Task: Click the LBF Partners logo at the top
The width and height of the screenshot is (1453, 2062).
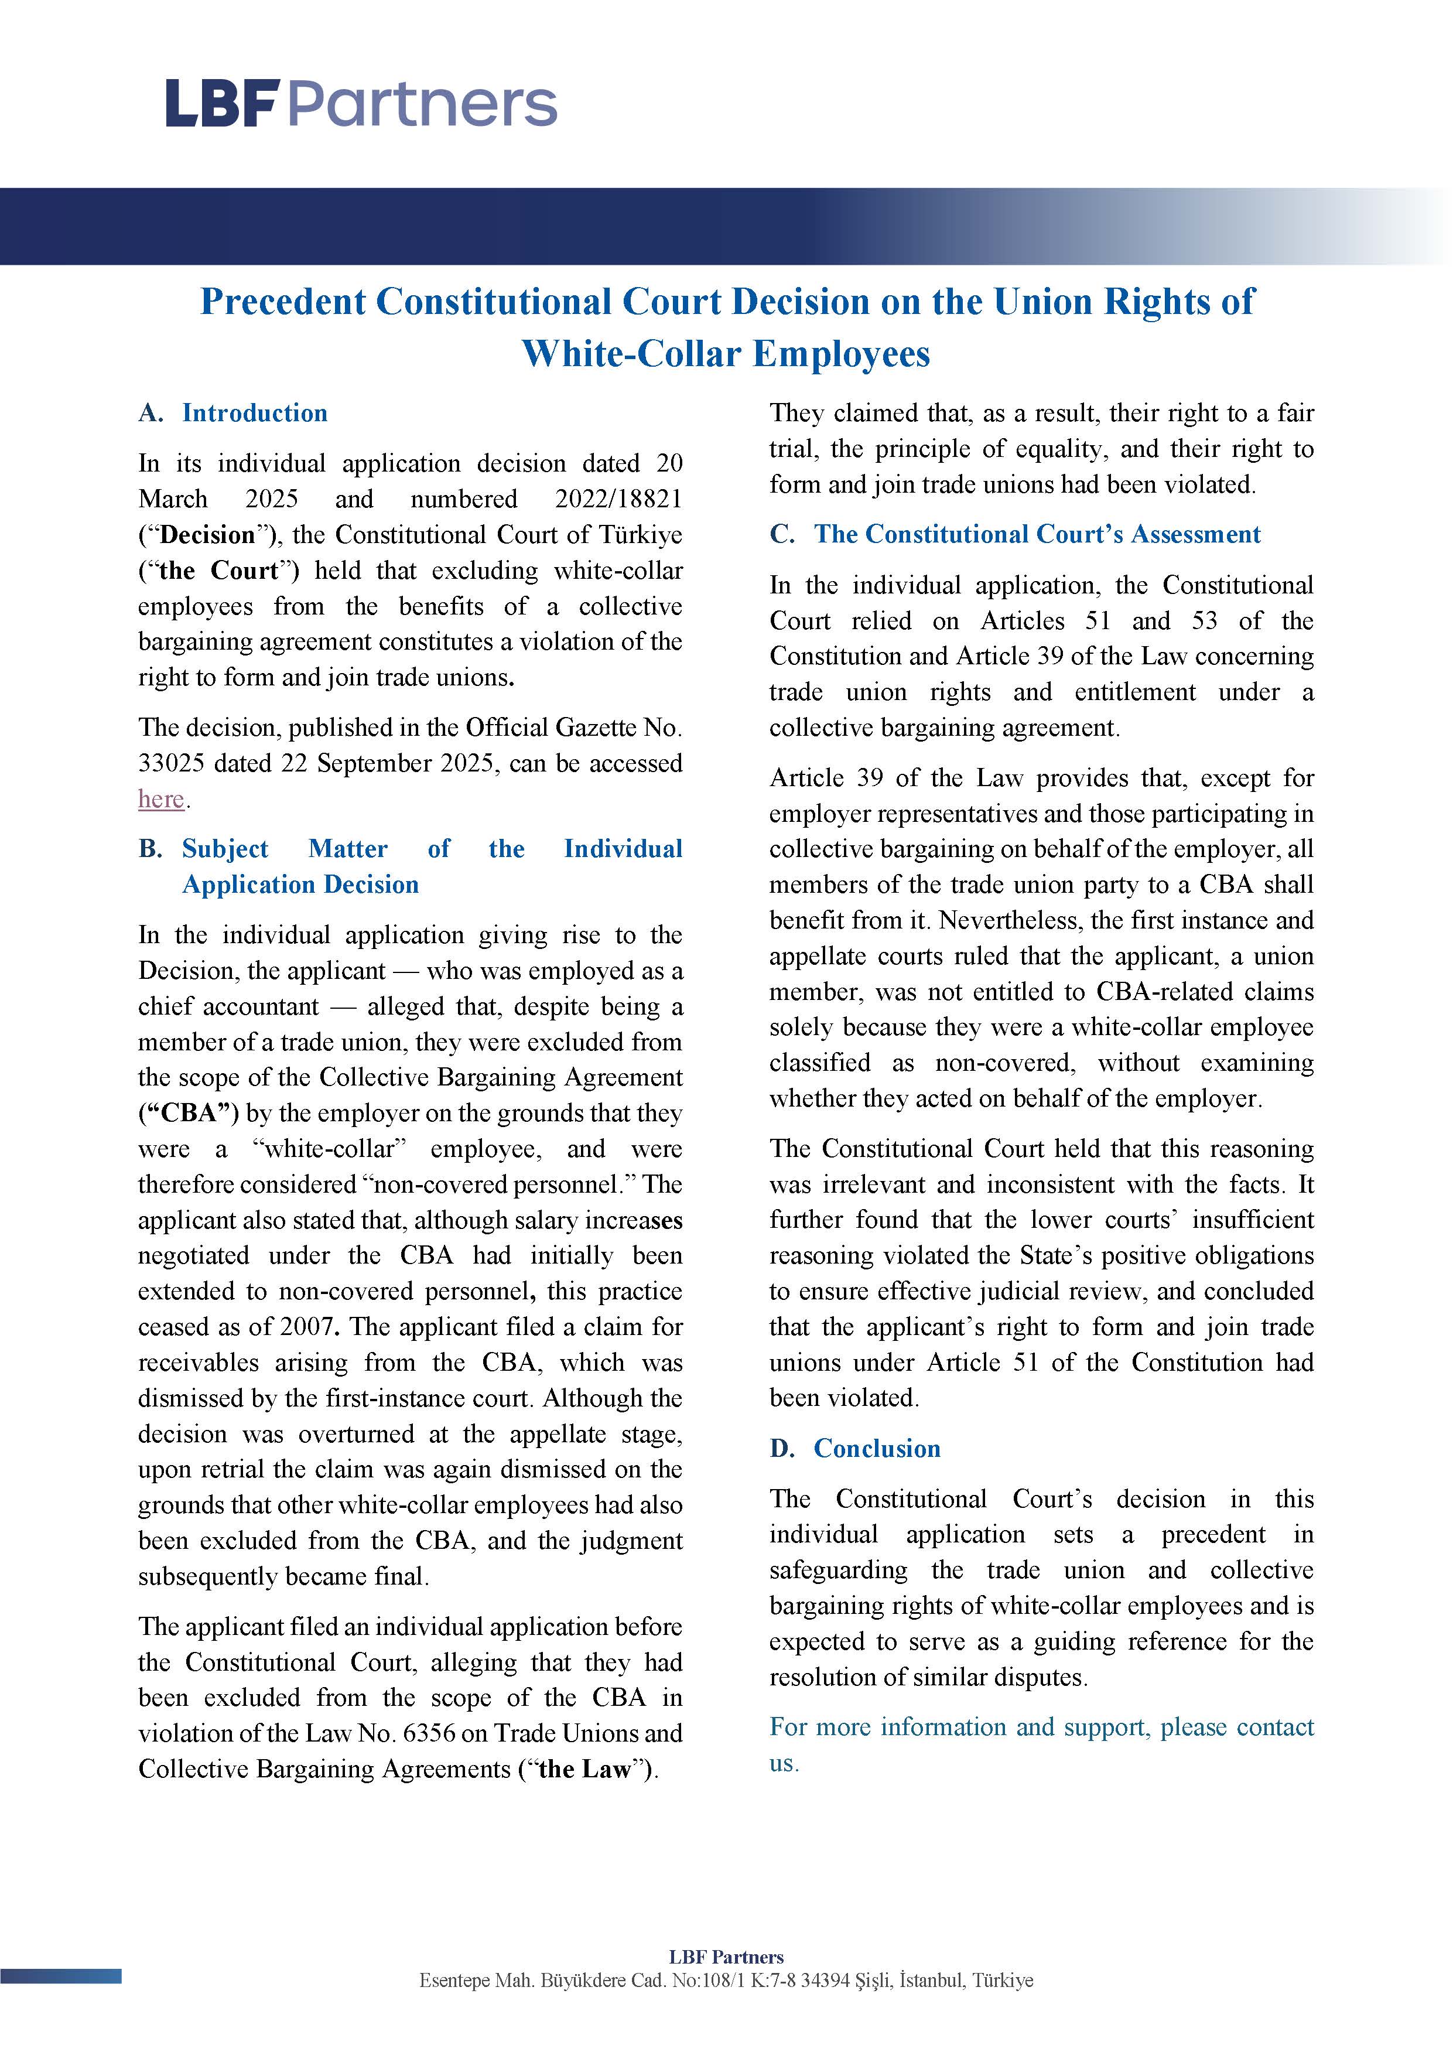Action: pos(361,103)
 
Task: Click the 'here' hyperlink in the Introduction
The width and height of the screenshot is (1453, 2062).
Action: pos(160,798)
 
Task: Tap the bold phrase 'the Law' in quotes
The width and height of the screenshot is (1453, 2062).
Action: pos(584,1769)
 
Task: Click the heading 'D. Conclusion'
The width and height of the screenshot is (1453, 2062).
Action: pos(855,1449)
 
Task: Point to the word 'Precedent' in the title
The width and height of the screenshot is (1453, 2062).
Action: pos(283,302)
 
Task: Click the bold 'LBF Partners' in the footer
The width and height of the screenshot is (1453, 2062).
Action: pos(726,1957)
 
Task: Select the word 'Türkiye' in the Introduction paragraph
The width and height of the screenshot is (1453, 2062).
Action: pos(641,535)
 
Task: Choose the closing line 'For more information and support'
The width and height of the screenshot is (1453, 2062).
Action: pos(1042,1727)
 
